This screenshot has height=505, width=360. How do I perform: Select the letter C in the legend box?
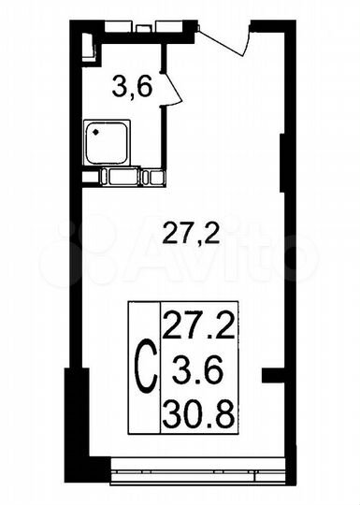click(x=145, y=368)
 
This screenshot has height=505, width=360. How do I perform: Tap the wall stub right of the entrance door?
click(x=266, y=32)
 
